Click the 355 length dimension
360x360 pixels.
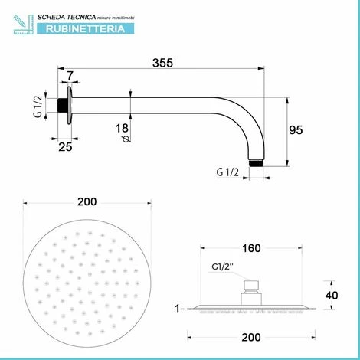pyautogui.click(x=162, y=63)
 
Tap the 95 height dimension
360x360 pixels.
pyautogui.click(x=296, y=130)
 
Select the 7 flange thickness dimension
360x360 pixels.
pyautogui.click(x=70, y=76)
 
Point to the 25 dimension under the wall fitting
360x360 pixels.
pyautogui.click(x=65, y=147)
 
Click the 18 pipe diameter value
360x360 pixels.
pyautogui.click(x=122, y=128)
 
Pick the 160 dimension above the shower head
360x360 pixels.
pyautogui.click(x=251, y=248)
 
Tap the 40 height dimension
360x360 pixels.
pyautogui.click(x=332, y=296)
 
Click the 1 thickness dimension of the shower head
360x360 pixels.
pyautogui.click(x=177, y=309)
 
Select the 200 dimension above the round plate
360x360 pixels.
pyautogui.click(x=87, y=201)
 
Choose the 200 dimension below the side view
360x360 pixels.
pyautogui.click(x=251, y=337)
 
